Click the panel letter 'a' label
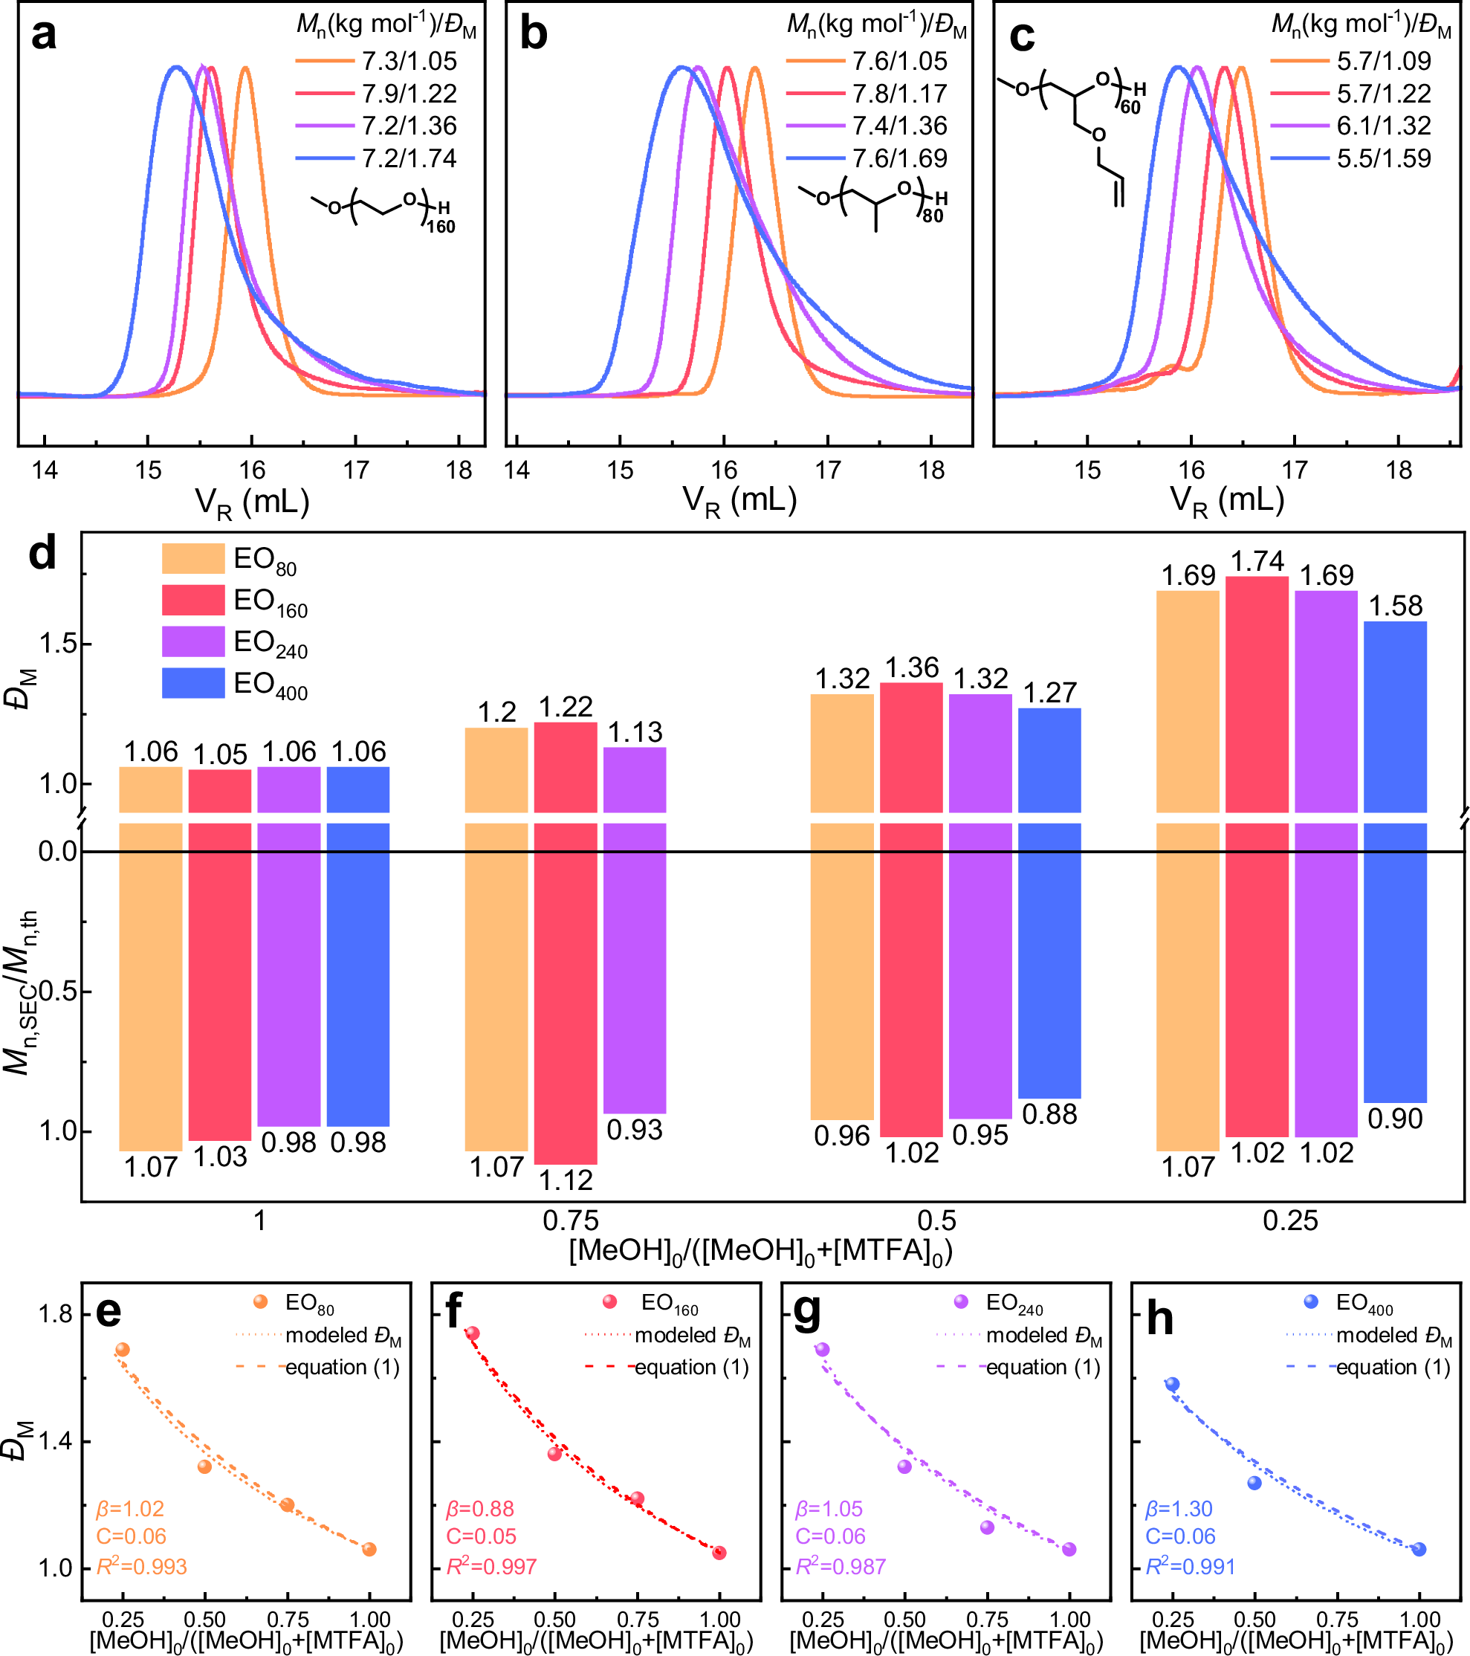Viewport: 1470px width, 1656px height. tap(44, 36)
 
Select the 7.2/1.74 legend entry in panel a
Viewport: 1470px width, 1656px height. tap(409, 158)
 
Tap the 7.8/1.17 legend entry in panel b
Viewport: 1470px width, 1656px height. tap(899, 94)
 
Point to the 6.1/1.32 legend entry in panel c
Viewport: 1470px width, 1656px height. tap(1383, 126)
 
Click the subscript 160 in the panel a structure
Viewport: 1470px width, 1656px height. tap(441, 227)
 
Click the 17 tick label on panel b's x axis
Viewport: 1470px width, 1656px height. tap(828, 470)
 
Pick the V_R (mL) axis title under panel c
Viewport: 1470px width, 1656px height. tap(1227, 502)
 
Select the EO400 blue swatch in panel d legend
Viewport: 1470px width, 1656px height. tap(192, 683)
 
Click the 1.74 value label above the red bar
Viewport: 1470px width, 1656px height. tap(1257, 560)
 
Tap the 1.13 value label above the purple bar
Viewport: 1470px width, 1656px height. tap(635, 732)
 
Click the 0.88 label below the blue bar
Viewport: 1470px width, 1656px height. tap(1049, 1115)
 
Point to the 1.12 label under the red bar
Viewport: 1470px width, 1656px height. tap(566, 1180)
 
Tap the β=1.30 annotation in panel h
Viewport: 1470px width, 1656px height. tap(1179, 1510)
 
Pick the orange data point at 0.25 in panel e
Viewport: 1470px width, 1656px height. tap(123, 1350)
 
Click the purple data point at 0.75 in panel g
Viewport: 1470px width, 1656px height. tap(987, 1527)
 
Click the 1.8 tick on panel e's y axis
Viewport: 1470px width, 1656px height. tap(55, 1314)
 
